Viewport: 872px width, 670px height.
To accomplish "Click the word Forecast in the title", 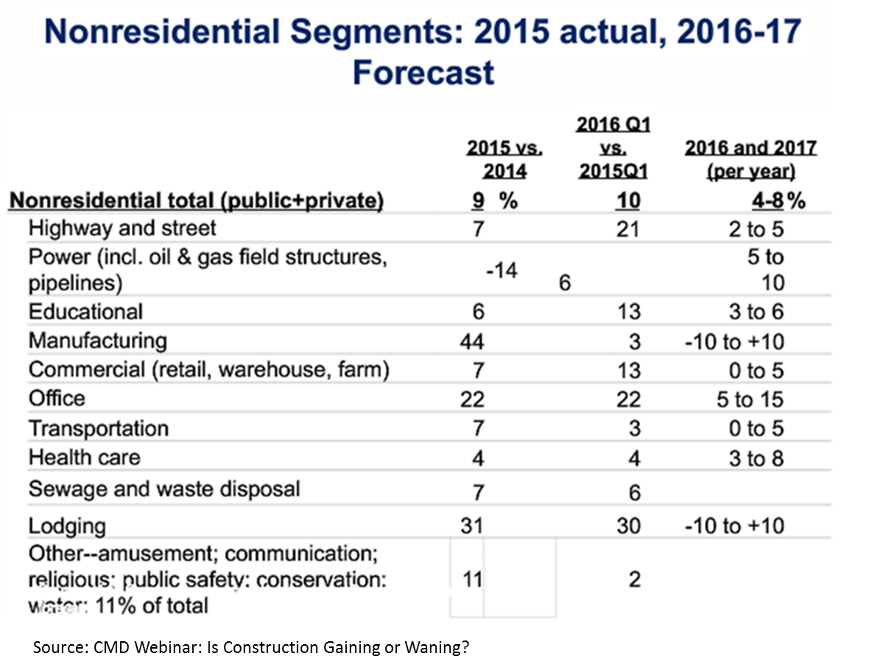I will pos(423,72).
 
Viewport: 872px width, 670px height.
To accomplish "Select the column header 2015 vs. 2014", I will pos(504,159).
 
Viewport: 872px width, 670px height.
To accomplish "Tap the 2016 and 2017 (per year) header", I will pos(750,159).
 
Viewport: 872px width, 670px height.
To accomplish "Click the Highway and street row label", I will pos(122,228).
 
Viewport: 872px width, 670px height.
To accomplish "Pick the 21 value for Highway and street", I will pos(629,229).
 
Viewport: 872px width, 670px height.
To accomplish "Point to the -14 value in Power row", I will pos(502,270).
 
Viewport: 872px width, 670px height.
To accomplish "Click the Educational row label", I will pos(85,311).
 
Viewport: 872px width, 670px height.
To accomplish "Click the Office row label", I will pos(57,399).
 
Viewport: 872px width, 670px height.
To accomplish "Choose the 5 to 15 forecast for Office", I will pos(750,399).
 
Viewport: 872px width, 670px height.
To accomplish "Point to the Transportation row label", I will pos(99,428).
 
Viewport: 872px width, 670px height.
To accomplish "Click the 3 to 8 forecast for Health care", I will pos(756,458).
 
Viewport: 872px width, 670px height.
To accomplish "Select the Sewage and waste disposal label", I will pos(164,489).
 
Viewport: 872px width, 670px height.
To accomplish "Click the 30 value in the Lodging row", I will pos(629,526).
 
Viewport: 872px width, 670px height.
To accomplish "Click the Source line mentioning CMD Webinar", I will pos(251,647).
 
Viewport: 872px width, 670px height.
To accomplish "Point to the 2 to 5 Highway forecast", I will pos(756,229).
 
